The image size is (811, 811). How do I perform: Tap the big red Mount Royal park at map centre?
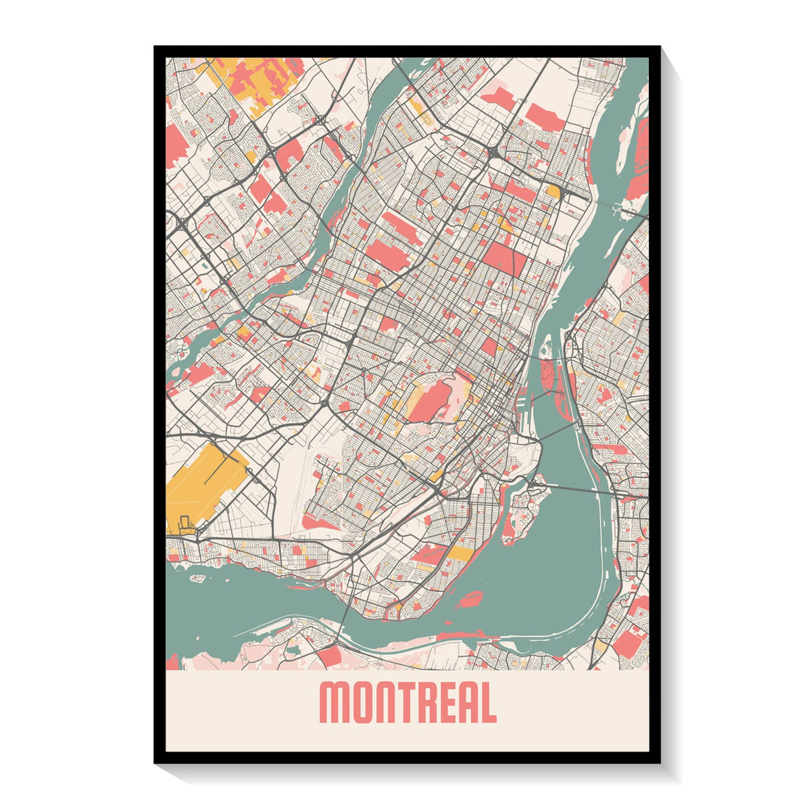point(431,400)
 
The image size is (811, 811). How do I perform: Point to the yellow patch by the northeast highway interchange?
point(553,192)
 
